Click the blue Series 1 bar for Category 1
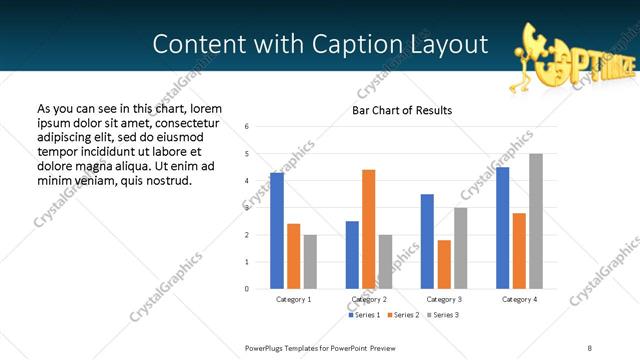277,231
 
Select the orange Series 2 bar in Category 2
368,229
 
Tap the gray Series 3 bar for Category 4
536,221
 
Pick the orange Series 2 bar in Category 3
444,264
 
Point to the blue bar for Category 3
427,241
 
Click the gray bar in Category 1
310,262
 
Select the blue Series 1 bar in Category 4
502,228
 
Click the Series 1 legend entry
363,315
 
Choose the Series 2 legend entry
402,315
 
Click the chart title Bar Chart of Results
402,110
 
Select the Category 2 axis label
369,300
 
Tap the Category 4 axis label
519,300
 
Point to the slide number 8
589,347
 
